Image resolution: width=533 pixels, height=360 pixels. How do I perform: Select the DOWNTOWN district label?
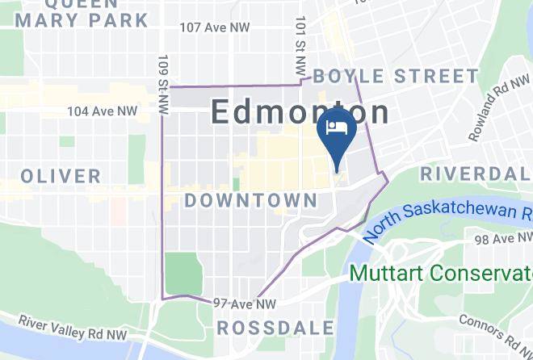click(251, 200)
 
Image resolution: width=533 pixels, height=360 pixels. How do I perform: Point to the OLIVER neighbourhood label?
click(61, 176)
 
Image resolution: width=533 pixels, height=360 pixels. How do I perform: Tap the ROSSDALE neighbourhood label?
click(275, 328)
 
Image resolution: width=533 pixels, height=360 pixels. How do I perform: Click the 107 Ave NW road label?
click(215, 27)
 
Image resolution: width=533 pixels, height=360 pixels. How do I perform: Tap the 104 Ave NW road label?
click(102, 111)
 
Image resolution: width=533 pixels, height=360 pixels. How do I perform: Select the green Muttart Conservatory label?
click(441, 273)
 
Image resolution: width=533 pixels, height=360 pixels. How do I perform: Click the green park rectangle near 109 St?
click(185, 273)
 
